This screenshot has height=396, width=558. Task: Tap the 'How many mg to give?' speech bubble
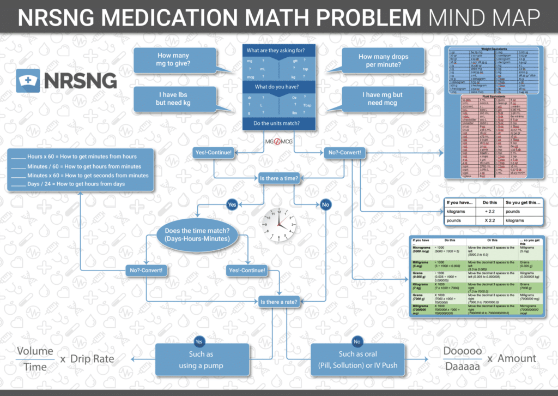(x=173, y=59)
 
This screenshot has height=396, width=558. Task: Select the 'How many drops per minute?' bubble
(x=383, y=61)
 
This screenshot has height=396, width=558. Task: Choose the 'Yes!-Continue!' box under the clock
(x=247, y=271)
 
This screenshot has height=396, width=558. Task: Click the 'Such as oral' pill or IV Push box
(x=357, y=359)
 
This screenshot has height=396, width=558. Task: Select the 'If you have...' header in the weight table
(x=460, y=202)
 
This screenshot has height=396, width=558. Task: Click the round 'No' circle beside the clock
(x=326, y=205)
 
